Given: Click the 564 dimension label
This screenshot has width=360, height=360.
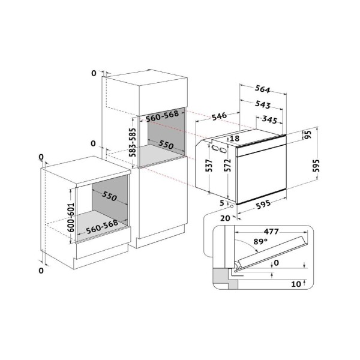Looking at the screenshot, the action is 262,89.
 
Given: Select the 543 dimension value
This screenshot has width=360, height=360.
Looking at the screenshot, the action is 263,104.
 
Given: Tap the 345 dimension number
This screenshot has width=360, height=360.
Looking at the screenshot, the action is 269,119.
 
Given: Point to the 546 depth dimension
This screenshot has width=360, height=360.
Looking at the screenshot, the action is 219,116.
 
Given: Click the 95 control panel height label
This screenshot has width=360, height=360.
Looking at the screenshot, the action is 308,134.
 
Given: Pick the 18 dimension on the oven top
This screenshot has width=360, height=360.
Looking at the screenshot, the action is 235,138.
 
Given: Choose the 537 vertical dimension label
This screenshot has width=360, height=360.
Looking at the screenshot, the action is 209,166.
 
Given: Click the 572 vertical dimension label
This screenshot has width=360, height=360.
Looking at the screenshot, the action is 227,166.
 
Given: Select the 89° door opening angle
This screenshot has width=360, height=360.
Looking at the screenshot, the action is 260,242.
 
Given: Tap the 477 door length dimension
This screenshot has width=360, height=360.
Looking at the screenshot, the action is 271,232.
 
